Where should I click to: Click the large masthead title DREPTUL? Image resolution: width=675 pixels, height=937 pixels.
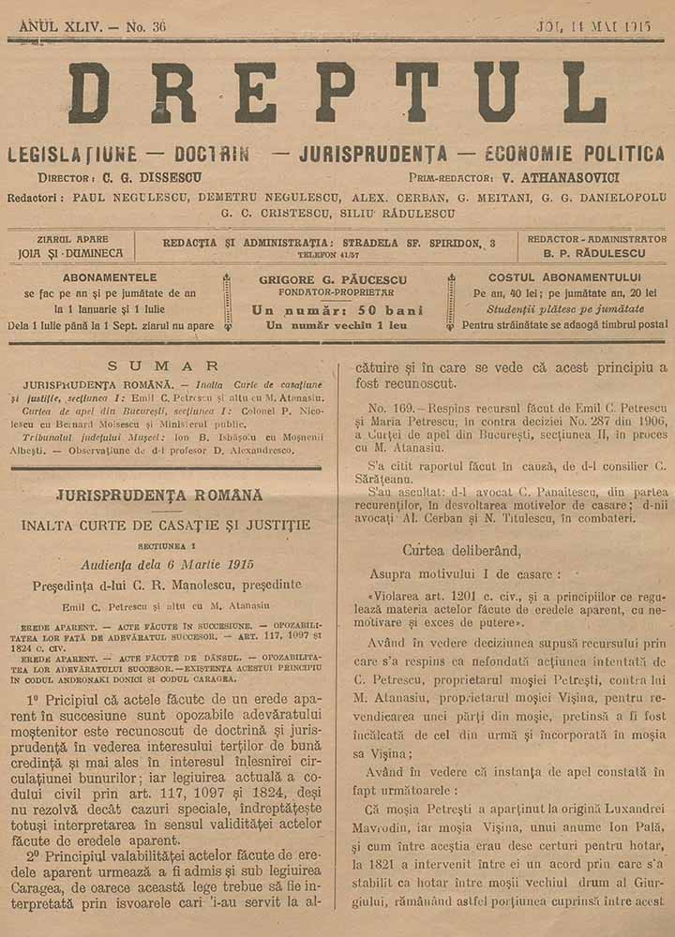337,94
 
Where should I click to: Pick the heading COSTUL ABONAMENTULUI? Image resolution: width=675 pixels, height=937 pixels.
564,278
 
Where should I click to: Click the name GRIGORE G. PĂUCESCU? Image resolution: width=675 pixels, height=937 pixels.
337,279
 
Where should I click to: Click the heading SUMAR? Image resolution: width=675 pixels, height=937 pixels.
164,366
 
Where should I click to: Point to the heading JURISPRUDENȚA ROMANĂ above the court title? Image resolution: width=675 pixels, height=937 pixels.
159,495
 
